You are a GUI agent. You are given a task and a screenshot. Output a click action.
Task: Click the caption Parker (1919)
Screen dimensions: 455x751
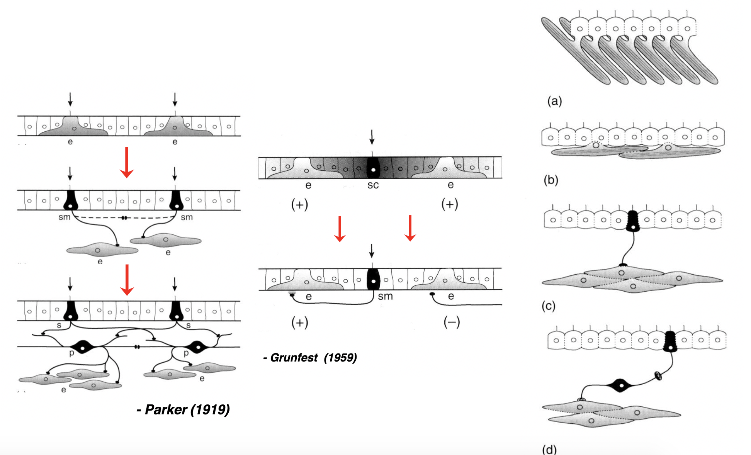184,409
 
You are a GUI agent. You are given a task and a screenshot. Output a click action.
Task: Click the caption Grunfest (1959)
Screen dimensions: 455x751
310,358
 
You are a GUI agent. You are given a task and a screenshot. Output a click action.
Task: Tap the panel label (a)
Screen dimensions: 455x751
554,101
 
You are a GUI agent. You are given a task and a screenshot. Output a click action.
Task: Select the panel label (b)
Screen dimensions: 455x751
551,180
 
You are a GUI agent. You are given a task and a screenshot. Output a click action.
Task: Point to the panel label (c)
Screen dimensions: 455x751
549,306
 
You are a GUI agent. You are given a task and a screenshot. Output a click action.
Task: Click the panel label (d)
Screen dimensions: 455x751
549,449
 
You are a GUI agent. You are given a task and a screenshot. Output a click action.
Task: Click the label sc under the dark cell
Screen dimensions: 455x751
373,185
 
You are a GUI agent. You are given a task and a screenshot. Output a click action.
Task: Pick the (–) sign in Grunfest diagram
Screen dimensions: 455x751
452,322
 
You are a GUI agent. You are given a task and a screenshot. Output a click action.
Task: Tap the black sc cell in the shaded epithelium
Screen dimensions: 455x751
373,167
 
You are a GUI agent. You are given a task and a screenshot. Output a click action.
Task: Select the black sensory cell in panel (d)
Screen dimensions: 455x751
670,341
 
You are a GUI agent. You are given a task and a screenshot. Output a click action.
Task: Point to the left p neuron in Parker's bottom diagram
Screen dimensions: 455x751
83,347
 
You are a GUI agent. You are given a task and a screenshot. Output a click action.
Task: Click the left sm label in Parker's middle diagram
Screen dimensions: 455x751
64,217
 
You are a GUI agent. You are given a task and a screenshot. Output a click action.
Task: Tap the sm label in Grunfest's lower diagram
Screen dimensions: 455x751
385,297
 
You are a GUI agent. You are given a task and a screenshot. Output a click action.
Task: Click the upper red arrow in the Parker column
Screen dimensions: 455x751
127,162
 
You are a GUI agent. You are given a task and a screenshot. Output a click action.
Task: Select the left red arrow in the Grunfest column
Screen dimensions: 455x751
340,229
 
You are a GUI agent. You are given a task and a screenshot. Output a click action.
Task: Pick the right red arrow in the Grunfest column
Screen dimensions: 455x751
410,228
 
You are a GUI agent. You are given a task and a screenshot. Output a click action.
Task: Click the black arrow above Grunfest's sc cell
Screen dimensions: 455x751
372,137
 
